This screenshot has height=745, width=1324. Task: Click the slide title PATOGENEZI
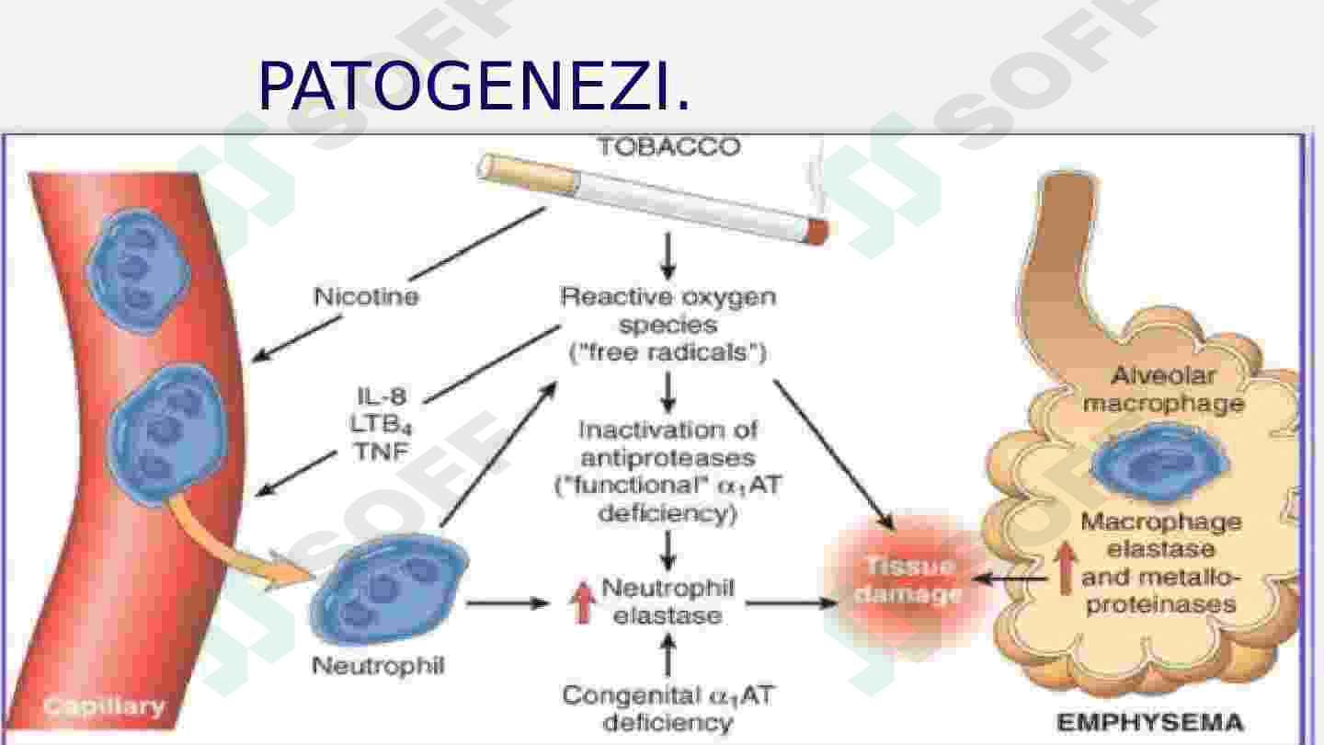point(473,86)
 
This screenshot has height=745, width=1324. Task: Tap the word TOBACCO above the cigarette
point(668,147)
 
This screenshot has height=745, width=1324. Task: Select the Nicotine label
point(366,297)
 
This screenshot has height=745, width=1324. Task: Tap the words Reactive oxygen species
point(668,311)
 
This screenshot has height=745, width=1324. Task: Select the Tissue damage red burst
point(906,580)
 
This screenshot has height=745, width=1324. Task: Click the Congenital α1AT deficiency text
point(668,707)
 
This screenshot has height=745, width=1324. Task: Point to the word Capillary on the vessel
point(104,707)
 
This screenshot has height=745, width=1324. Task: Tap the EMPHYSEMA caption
point(1149,722)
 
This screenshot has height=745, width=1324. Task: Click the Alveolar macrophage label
point(1164,389)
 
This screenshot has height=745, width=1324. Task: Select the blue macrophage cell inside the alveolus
point(1159,464)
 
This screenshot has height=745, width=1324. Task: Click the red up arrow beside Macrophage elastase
point(1065,569)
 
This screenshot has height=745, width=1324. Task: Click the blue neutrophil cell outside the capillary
point(388,591)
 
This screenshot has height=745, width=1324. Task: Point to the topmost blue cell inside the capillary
point(138,259)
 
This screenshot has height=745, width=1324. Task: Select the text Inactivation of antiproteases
point(668,442)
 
